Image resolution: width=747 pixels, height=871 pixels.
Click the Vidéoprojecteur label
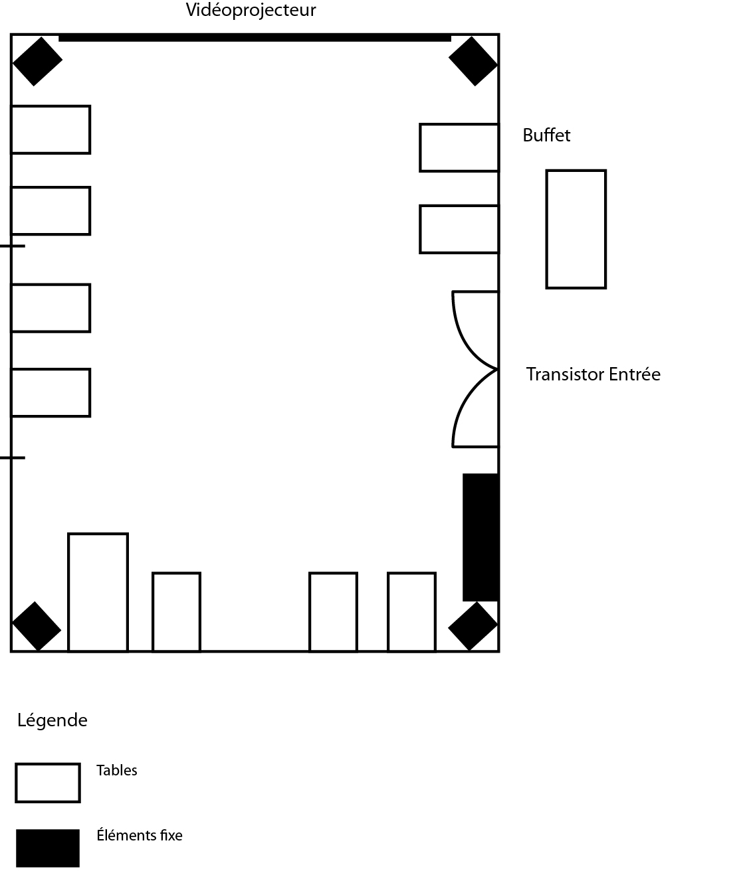point(251,11)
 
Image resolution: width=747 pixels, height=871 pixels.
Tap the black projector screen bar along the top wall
point(255,38)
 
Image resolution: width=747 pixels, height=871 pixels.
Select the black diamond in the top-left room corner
point(37,61)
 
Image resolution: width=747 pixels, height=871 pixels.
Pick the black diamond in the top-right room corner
point(473,61)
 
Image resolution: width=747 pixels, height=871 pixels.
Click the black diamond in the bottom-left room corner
point(37,626)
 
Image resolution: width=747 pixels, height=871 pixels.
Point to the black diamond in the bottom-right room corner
point(473,625)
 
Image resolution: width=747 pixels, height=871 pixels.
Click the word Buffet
point(546,135)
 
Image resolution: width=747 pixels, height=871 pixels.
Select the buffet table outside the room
point(576,229)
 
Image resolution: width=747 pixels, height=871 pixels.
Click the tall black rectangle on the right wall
point(480,536)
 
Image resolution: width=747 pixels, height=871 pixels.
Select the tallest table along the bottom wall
point(98,592)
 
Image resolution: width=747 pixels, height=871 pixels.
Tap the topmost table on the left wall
point(51,129)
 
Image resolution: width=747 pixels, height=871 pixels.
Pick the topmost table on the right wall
point(459,147)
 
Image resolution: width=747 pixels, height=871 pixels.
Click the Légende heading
point(53,720)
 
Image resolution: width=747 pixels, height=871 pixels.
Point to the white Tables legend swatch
point(48,783)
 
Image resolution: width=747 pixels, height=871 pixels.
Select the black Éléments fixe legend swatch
point(48,848)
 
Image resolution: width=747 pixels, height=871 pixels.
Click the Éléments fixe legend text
point(140,835)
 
